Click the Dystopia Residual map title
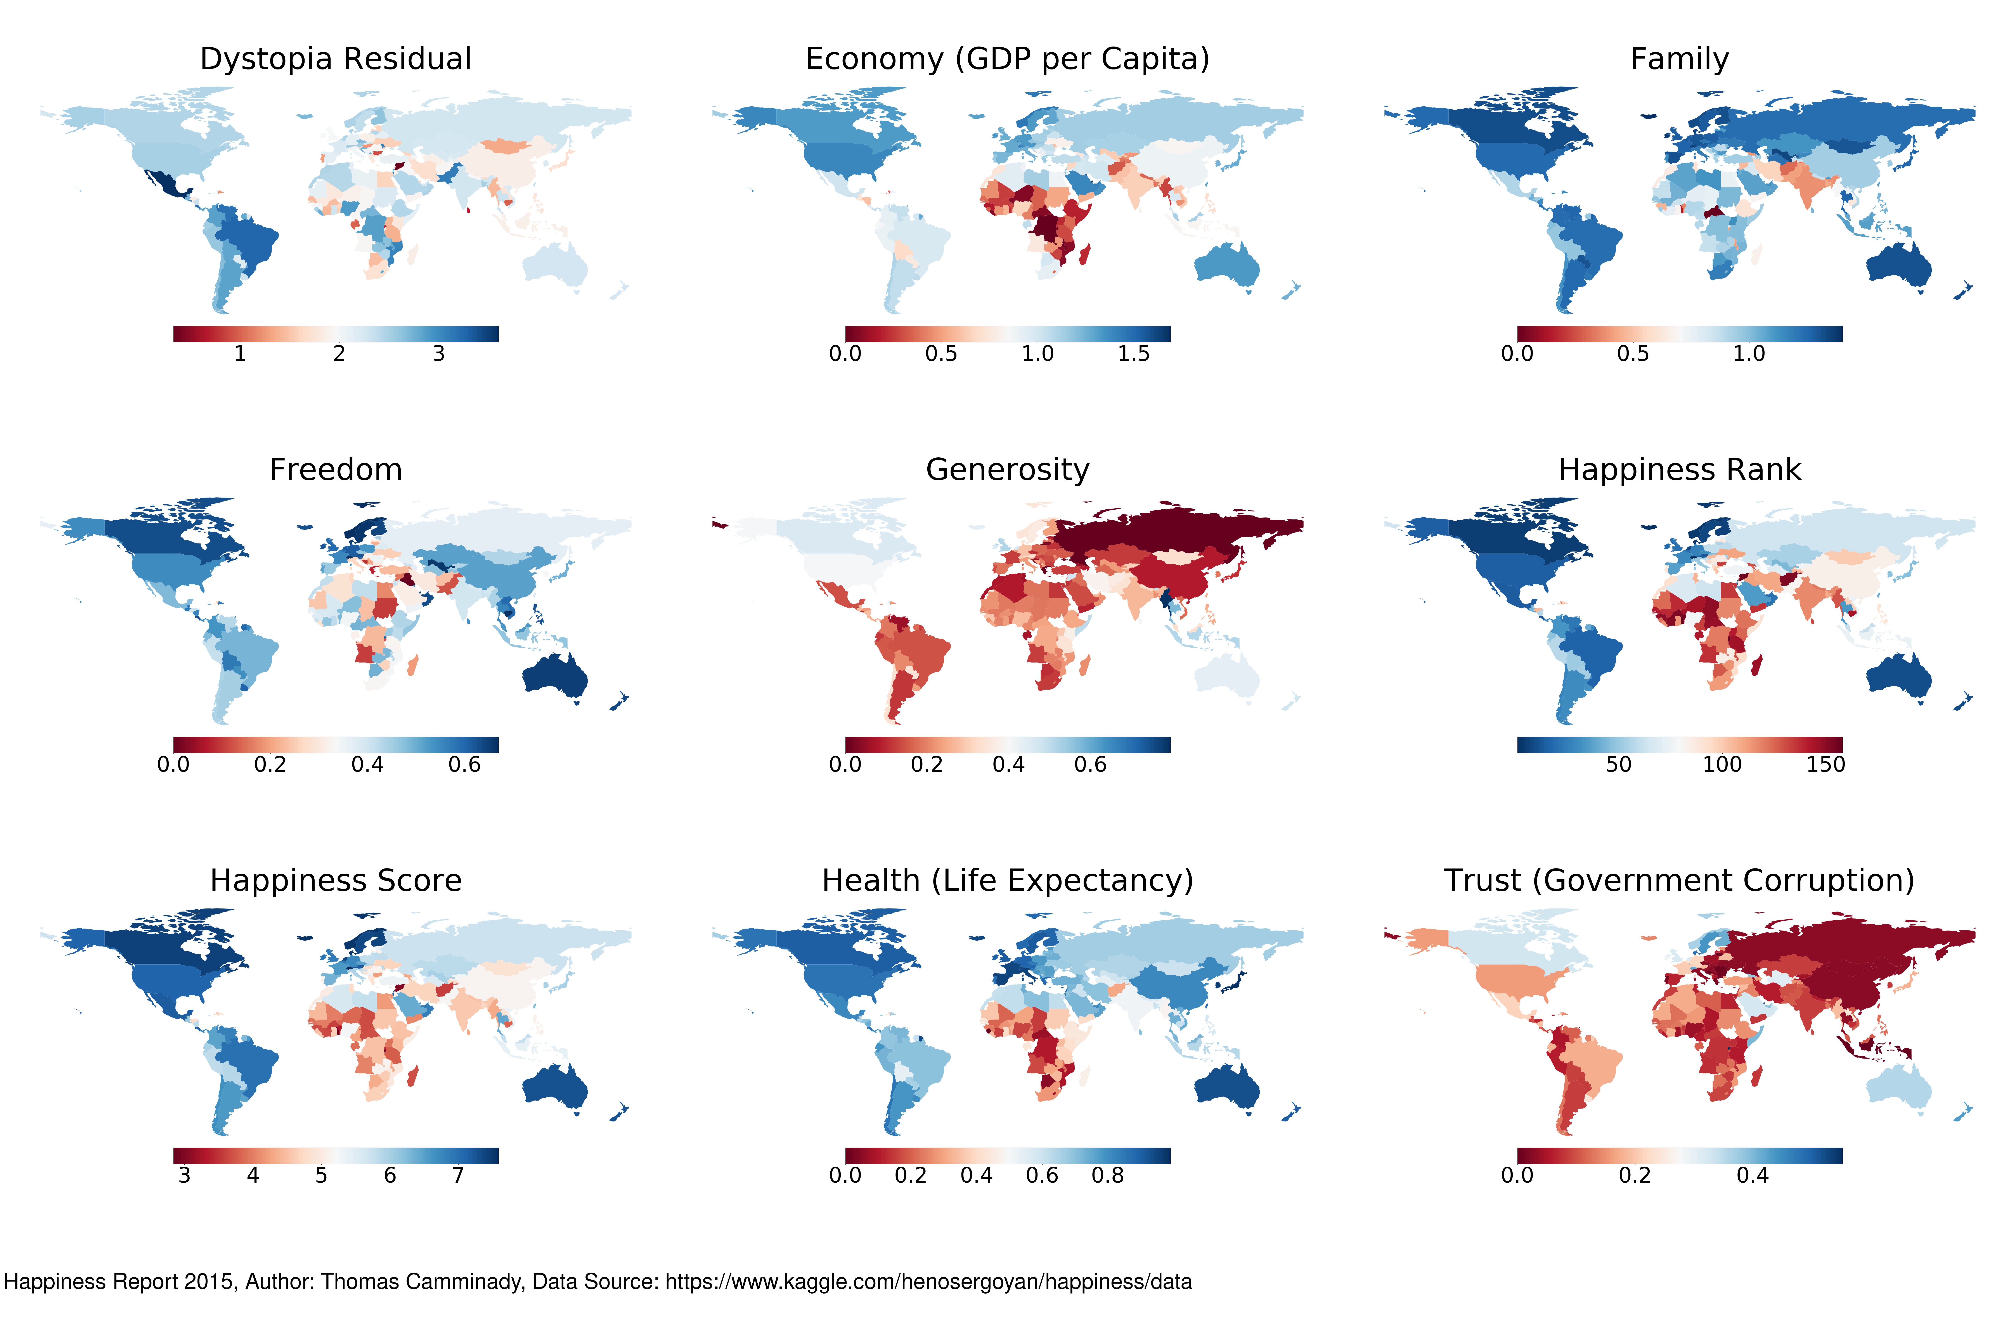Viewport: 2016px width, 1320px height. (335, 59)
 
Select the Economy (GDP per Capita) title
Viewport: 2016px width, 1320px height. (1007, 59)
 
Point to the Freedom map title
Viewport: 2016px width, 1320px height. (335, 470)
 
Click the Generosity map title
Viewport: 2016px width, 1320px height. (1007, 470)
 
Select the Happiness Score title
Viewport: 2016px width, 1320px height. (335, 881)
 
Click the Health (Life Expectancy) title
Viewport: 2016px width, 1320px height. (1007, 881)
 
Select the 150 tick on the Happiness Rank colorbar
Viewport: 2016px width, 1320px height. (1825, 765)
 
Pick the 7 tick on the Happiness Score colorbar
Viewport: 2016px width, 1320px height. (458, 1175)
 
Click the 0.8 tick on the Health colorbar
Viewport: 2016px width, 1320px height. (1107, 1175)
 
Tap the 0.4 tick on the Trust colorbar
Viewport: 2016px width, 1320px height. (1753, 1175)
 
